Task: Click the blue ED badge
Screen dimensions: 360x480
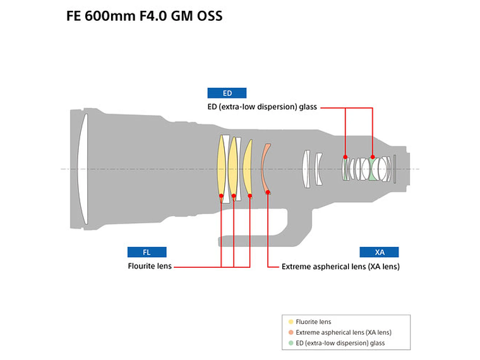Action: pyautogui.click(x=227, y=93)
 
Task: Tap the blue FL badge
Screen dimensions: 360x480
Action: pyautogui.click(x=147, y=252)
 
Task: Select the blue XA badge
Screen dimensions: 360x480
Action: pyautogui.click(x=379, y=252)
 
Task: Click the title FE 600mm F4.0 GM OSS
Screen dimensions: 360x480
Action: pyautogui.click(x=144, y=16)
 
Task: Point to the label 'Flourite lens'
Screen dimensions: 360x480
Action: pyautogui.click(x=149, y=267)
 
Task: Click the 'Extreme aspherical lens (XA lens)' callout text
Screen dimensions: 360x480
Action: pyautogui.click(x=340, y=267)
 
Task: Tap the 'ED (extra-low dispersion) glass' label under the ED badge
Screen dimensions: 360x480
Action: pyautogui.click(x=262, y=107)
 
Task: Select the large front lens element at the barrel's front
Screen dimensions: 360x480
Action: pyautogui.click(x=83, y=169)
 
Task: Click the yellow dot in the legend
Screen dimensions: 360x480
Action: pyautogui.click(x=290, y=322)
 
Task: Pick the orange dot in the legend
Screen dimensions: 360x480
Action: pyautogui.click(x=290, y=333)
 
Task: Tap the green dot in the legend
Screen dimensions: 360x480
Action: pyautogui.click(x=290, y=344)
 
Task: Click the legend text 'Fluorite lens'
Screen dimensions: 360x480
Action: pyautogui.click(x=313, y=322)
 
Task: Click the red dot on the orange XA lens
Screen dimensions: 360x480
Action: pyautogui.click(x=268, y=192)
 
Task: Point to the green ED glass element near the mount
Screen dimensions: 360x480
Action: pyautogui.click(x=373, y=169)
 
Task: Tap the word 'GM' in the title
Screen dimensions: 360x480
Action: pyautogui.click(x=179, y=16)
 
